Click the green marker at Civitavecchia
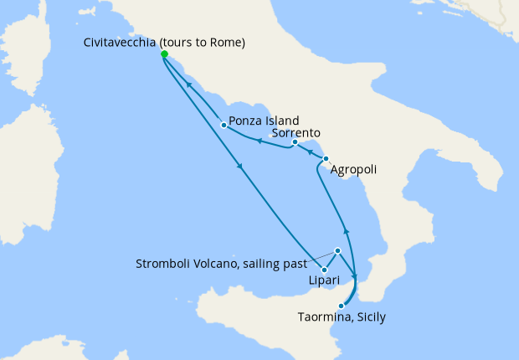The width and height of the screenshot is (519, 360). pyautogui.click(x=164, y=54)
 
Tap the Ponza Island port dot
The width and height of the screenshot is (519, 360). pyautogui.click(x=224, y=126)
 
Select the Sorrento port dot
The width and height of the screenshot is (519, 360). pyautogui.click(x=295, y=142)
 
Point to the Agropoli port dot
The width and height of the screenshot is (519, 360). pyautogui.click(x=325, y=158)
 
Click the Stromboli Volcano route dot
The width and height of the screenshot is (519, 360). pyautogui.click(x=337, y=250)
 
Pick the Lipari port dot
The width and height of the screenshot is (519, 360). pyautogui.click(x=323, y=270)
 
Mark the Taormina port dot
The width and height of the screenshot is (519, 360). pyautogui.click(x=341, y=306)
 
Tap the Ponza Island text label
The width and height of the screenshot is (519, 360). pyautogui.click(x=265, y=121)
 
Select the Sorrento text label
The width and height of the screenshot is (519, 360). pyautogui.click(x=294, y=132)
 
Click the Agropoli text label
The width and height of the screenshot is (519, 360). pyautogui.click(x=353, y=170)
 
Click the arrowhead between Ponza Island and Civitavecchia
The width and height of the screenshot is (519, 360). pyautogui.click(x=190, y=85)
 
